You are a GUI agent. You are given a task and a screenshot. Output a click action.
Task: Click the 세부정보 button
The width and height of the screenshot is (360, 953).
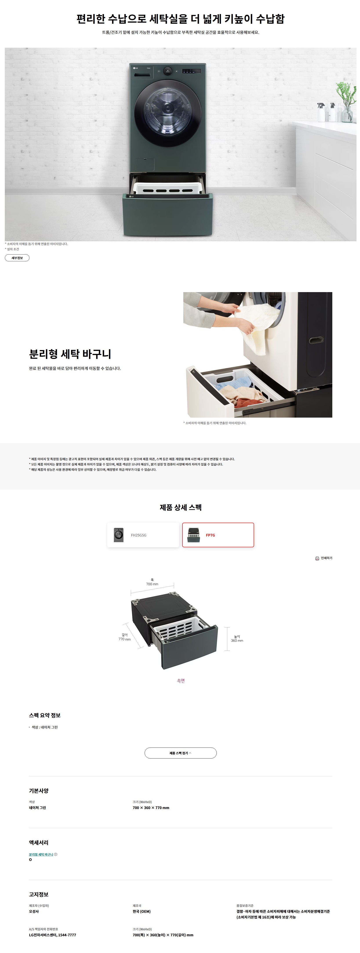(x=17, y=258)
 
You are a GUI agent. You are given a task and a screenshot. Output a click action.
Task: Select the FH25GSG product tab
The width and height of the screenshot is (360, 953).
(x=143, y=535)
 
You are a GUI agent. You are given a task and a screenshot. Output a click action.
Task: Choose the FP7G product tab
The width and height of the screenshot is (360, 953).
(x=218, y=535)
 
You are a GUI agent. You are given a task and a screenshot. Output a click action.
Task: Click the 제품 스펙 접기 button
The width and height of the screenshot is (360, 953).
(x=181, y=753)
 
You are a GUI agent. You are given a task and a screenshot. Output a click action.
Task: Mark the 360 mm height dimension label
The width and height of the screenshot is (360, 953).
(x=237, y=641)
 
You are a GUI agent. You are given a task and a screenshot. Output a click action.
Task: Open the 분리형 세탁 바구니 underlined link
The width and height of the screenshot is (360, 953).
(x=41, y=854)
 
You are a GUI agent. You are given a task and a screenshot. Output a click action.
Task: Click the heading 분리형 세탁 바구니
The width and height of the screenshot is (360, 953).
(x=70, y=354)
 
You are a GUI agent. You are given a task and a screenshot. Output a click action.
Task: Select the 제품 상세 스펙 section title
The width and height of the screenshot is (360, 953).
(x=181, y=507)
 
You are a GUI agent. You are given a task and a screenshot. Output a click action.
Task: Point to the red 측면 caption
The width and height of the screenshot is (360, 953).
(x=181, y=681)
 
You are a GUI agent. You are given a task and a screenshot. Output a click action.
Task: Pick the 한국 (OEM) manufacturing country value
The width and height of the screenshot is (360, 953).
(x=142, y=911)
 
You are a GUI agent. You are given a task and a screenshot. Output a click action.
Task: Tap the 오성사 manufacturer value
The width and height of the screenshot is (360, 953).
(x=34, y=911)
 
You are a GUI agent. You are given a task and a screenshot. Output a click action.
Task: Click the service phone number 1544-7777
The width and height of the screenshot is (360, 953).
(x=67, y=935)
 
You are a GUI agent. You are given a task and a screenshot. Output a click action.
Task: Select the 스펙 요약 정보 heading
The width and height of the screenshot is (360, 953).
(x=45, y=715)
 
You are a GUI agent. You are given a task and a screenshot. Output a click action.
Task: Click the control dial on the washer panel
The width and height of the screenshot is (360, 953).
(x=168, y=71)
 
